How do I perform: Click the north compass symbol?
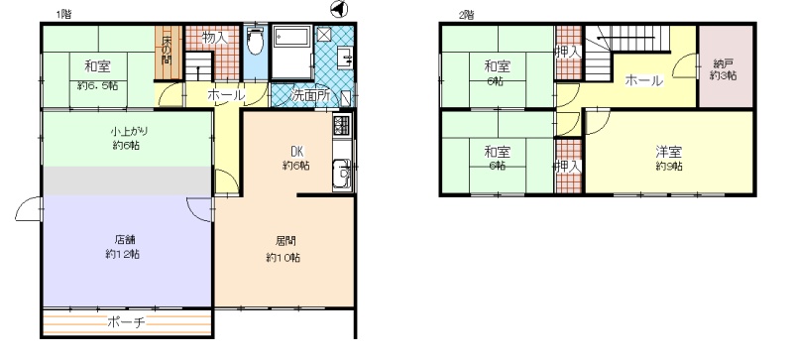coord(338,9)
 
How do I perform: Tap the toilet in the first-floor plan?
coord(256,40)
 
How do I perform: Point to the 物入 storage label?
coord(214,37)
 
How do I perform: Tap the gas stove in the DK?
coord(341,125)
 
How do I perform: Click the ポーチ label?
coord(127,322)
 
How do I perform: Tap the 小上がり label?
coord(126,132)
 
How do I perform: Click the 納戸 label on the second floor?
coord(723,63)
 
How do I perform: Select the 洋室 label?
coord(669,152)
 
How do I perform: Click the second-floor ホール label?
coord(643,80)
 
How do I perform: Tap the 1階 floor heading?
coord(63,15)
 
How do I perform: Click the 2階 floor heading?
coord(466,15)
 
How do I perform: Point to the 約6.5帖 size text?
coord(97,86)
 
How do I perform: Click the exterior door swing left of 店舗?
coord(29,208)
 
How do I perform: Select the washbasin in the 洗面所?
coord(346,57)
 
